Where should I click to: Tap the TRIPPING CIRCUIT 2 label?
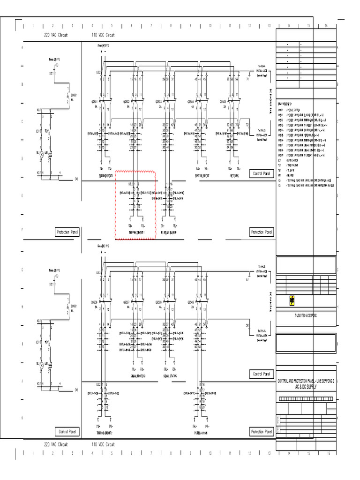pos(105,433)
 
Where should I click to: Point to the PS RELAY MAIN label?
pos(201,433)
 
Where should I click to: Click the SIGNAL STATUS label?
pos(170,376)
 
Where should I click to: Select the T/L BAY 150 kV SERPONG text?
pos(306,315)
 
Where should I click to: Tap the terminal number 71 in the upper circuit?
pos(248,80)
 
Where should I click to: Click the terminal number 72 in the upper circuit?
pos(248,125)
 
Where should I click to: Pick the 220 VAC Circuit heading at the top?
pos(56,35)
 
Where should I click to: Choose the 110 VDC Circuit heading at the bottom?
pos(104,444)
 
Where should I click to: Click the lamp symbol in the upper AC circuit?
pos(41,153)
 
